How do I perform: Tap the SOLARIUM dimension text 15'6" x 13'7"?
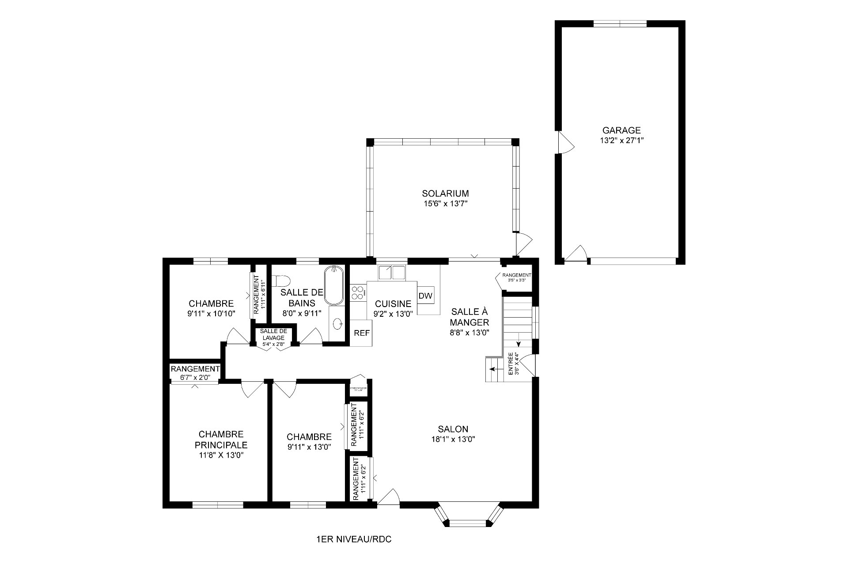click(x=445, y=204)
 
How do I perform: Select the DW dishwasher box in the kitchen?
click(x=425, y=296)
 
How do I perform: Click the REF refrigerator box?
click(x=362, y=333)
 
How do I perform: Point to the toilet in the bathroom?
click(x=281, y=281)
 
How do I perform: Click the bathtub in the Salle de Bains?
click(x=334, y=285)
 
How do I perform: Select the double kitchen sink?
click(x=391, y=272)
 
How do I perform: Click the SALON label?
click(x=453, y=429)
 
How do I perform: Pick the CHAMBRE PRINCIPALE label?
click(x=221, y=440)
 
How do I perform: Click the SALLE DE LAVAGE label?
click(x=273, y=334)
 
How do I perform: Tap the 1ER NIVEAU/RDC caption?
click(x=354, y=539)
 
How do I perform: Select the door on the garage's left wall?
click(x=564, y=142)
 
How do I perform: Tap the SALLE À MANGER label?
click(x=469, y=317)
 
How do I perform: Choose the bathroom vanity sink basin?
click(x=338, y=324)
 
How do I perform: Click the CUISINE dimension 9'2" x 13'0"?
click(x=393, y=314)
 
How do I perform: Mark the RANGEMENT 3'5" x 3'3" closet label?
click(x=517, y=277)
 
